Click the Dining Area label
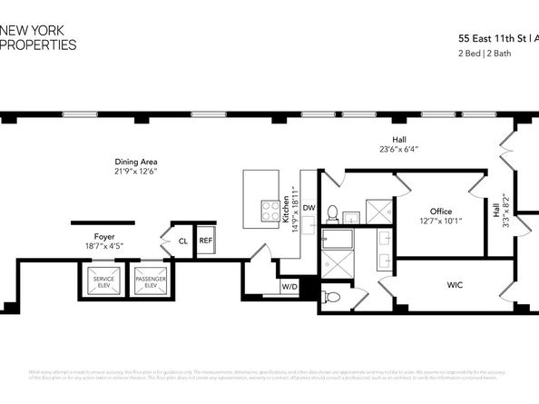coord(136,162)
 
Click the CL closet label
coord(182,241)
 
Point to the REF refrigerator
coord(206,241)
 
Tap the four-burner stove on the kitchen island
coord(270,211)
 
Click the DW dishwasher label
coord(309,208)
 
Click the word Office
coord(441,211)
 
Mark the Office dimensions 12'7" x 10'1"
coord(441,221)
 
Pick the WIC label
coord(456,285)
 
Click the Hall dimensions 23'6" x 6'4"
coord(398,149)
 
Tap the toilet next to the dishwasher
coord(332,213)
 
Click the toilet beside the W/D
coord(331,297)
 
